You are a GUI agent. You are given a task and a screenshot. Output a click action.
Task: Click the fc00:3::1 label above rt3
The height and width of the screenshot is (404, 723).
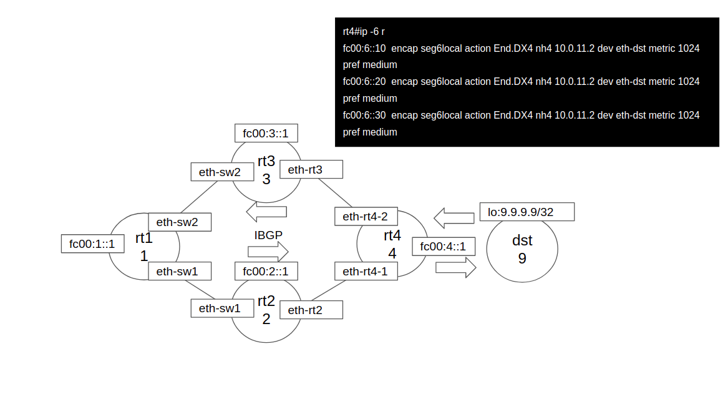pos(266,133)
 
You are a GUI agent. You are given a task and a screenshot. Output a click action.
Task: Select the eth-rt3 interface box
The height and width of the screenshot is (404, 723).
pos(311,169)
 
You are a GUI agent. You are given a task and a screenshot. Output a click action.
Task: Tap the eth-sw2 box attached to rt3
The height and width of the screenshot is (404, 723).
pos(222,172)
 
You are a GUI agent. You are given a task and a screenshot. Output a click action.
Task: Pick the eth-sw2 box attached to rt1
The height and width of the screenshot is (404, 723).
pos(180,222)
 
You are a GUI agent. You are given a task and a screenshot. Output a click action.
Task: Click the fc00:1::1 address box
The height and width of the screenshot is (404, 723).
pos(93,244)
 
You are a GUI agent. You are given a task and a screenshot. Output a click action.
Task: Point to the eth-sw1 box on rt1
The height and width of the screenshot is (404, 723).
pos(180,271)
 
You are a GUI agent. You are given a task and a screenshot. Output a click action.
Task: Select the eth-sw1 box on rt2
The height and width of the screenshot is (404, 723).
pos(222,308)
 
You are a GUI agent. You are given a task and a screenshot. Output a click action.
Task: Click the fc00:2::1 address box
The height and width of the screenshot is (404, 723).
pos(266,271)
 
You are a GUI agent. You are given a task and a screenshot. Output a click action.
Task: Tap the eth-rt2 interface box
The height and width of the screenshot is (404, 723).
pos(311,310)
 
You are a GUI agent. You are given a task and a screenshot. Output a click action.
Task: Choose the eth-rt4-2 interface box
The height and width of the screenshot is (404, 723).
pos(366,216)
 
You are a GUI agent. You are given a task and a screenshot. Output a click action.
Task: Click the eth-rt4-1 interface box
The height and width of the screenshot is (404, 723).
pos(366,271)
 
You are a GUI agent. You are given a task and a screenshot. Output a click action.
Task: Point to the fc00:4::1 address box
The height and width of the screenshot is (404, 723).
pos(444,246)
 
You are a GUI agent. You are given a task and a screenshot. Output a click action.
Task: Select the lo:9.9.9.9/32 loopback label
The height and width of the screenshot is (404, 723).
pos(527,212)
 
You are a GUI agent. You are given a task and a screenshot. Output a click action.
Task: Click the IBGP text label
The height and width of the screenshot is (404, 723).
pos(268,235)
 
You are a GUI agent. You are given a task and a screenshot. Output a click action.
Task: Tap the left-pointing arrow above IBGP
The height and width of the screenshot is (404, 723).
pos(266,212)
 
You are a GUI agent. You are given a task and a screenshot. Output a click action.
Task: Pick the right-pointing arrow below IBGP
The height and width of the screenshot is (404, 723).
pos(268,252)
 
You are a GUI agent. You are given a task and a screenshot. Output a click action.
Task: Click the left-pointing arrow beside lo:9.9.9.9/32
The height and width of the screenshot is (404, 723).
pos(454,218)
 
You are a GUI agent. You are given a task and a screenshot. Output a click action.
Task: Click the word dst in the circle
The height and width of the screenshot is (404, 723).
pos(522,240)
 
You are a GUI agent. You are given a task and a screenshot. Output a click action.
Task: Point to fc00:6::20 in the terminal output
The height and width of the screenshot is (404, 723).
pos(364,82)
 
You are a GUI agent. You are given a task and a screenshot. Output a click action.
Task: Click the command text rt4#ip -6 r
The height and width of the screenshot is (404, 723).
pos(364,31)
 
